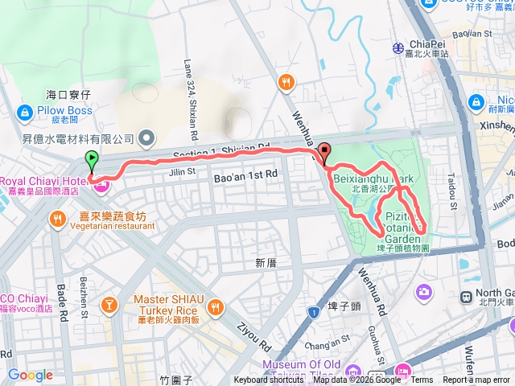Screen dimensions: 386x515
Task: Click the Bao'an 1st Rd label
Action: [x=245, y=174]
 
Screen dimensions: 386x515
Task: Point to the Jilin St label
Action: [x=183, y=170]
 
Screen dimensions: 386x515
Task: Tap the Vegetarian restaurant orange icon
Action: [x=58, y=217]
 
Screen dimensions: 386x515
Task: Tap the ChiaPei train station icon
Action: [x=398, y=47]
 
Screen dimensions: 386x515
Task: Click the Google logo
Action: [x=30, y=375]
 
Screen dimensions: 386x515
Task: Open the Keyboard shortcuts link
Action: [x=269, y=380]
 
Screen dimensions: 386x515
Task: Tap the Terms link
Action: [x=422, y=380]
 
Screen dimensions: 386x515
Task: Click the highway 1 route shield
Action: [x=311, y=310]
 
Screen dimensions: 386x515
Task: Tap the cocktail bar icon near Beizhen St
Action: [x=107, y=306]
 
